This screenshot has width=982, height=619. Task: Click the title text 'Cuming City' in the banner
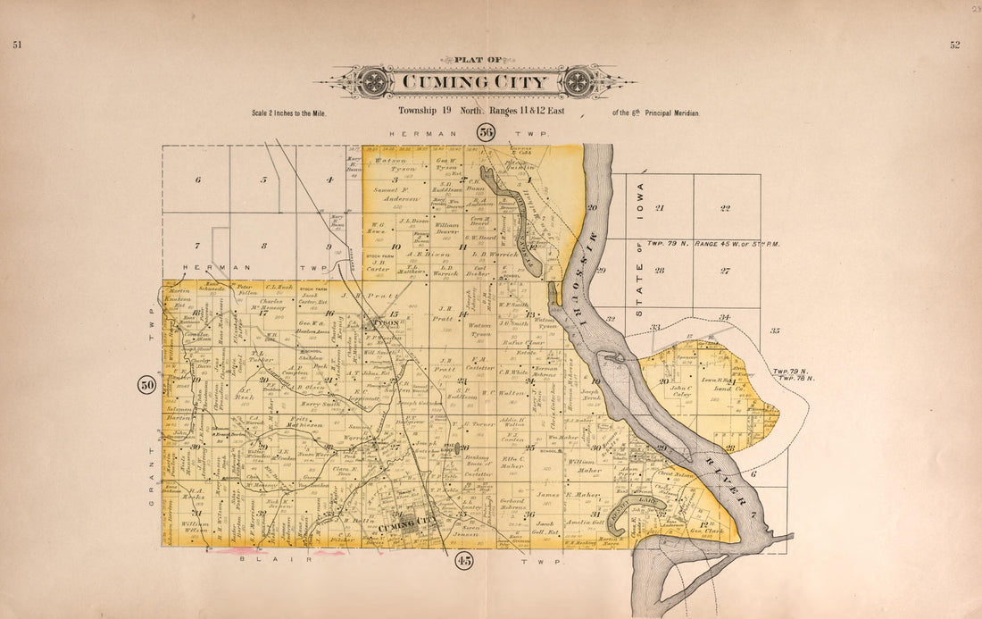click(x=474, y=82)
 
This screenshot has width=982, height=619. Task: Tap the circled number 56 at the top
click(x=485, y=133)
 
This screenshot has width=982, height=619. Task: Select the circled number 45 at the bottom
click(x=463, y=561)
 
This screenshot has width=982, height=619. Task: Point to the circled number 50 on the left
click(x=146, y=385)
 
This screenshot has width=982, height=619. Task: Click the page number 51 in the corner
click(x=17, y=46)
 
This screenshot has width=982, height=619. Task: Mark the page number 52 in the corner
click(x=954, y=46)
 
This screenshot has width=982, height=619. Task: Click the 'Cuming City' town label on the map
click(x=408, y=528)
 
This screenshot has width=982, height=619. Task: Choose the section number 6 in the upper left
click(x=196, y=180)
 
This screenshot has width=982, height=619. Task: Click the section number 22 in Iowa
click(x=725, y=208)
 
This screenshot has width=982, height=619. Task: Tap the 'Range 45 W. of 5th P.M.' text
click(x=743, y=243)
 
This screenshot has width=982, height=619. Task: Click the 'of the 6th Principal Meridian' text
click(x=656, y=113)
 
